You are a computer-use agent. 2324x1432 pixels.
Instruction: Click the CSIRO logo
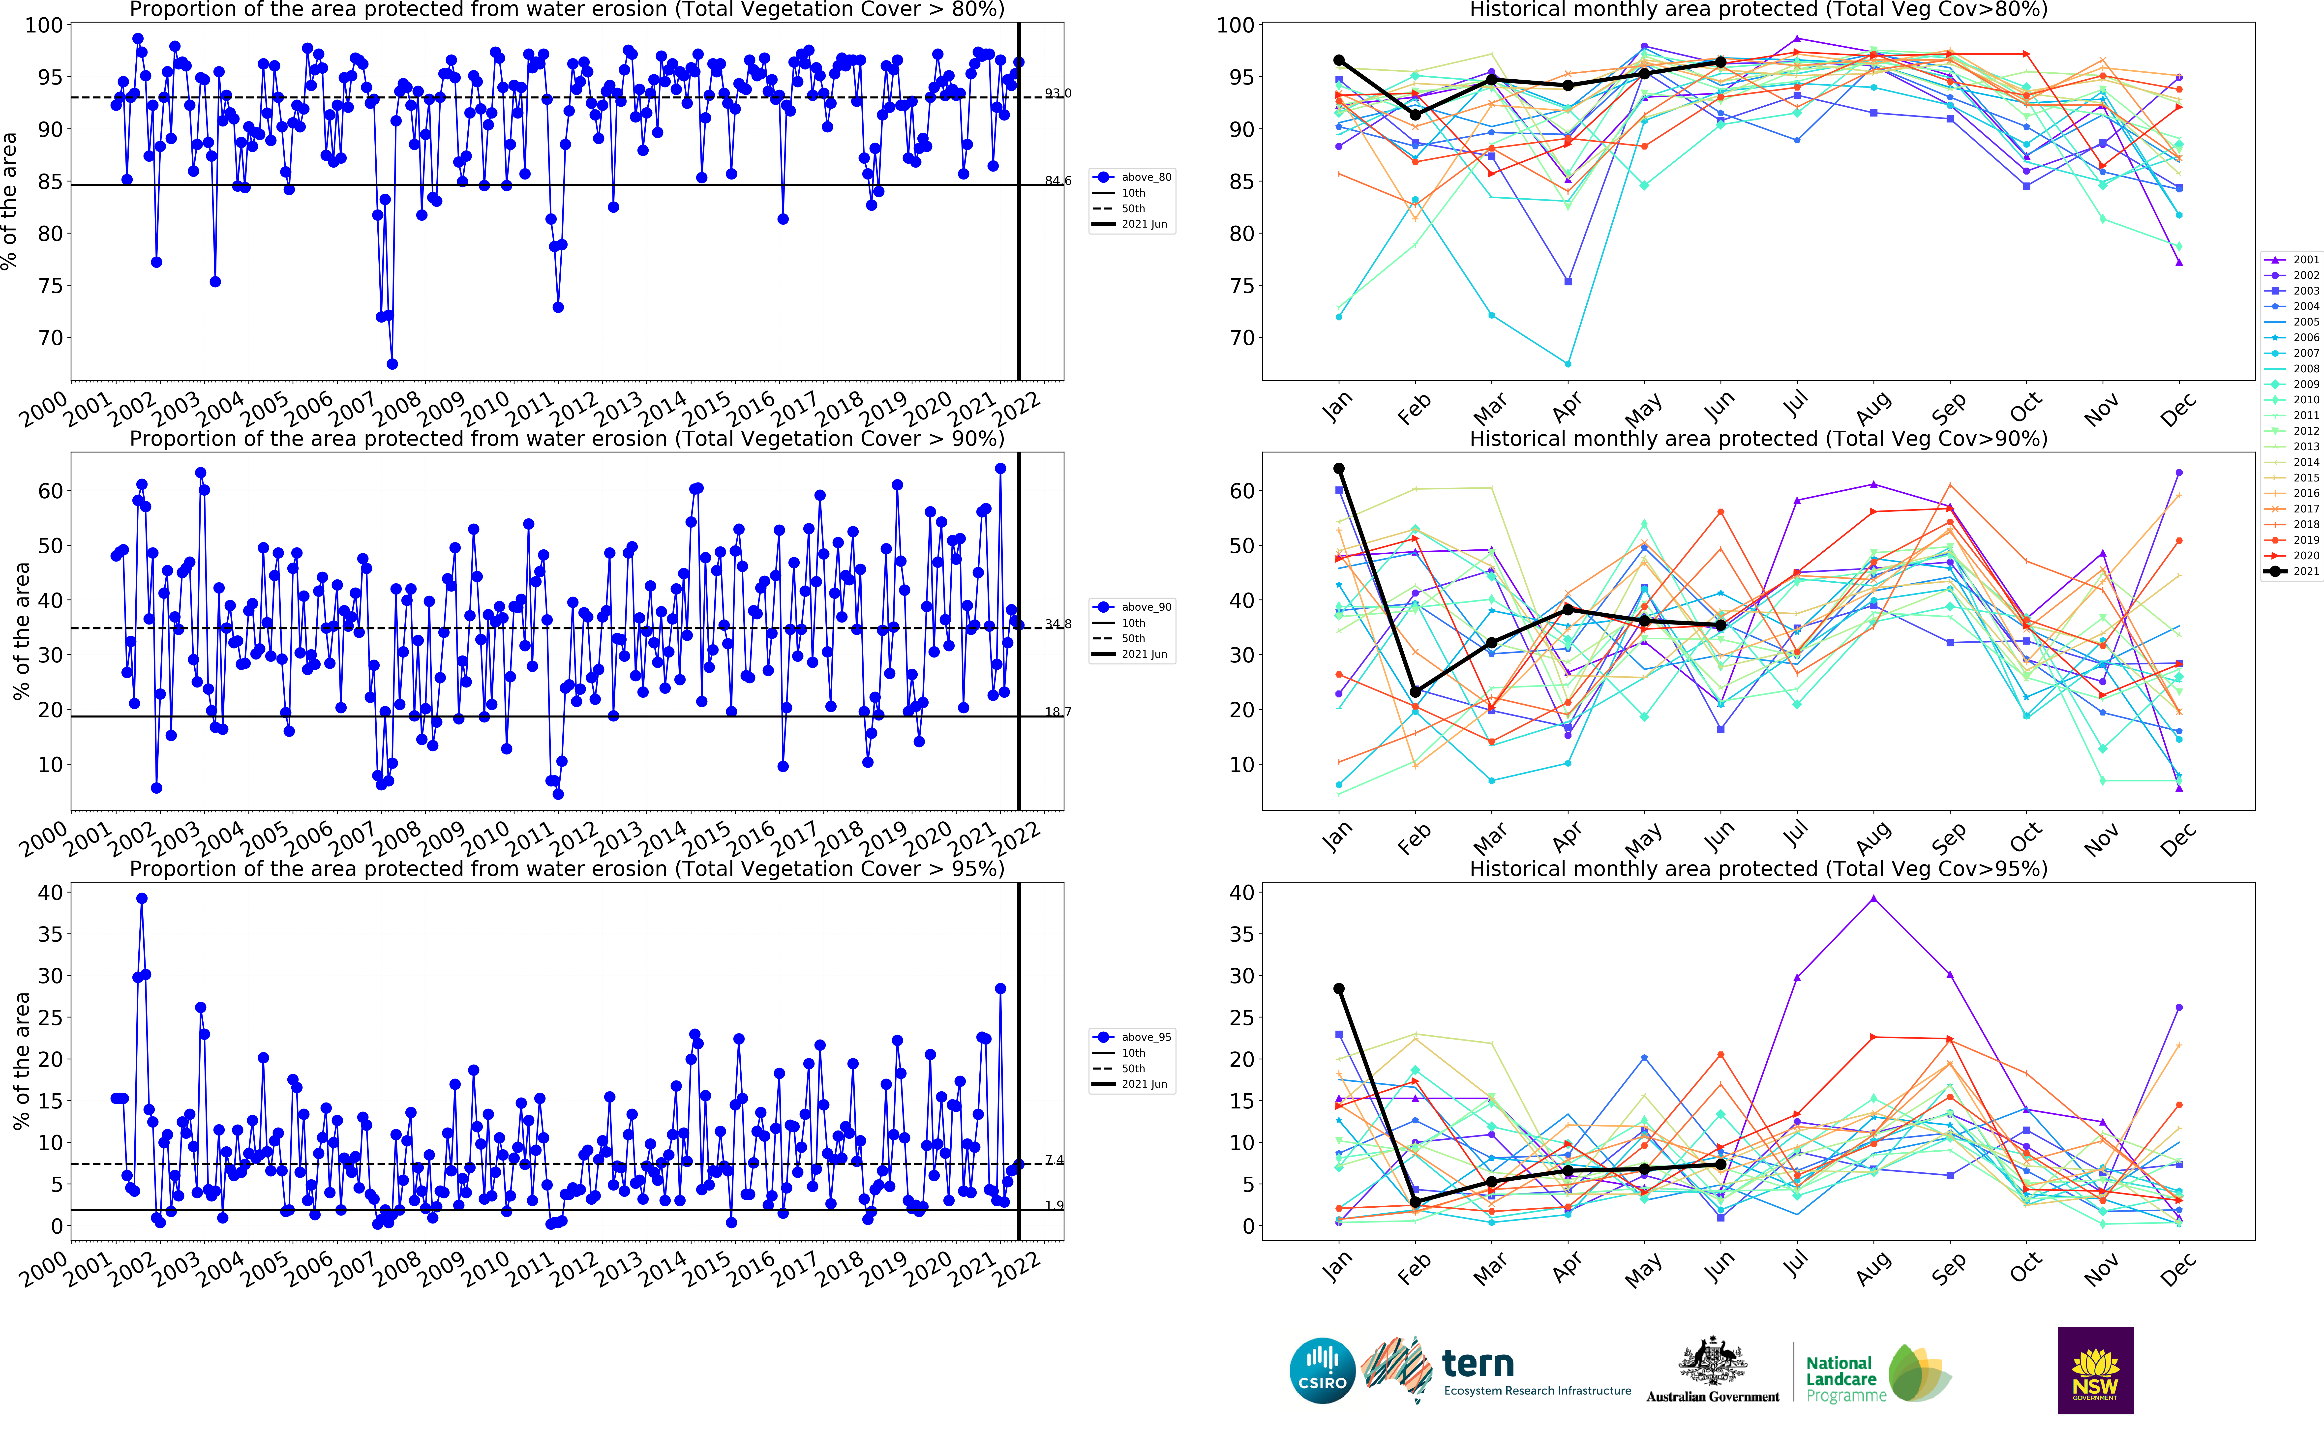tap(1322, 1371)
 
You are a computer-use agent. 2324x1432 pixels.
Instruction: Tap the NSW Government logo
tap(2095, 1371)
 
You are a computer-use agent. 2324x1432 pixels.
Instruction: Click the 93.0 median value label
tap(1058, 93)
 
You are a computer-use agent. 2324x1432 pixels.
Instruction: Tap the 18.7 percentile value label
tap(1058, 711)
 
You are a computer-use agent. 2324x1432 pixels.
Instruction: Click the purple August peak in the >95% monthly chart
tap(1873, 899)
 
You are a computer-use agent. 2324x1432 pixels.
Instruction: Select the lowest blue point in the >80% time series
tap(392, 364)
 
